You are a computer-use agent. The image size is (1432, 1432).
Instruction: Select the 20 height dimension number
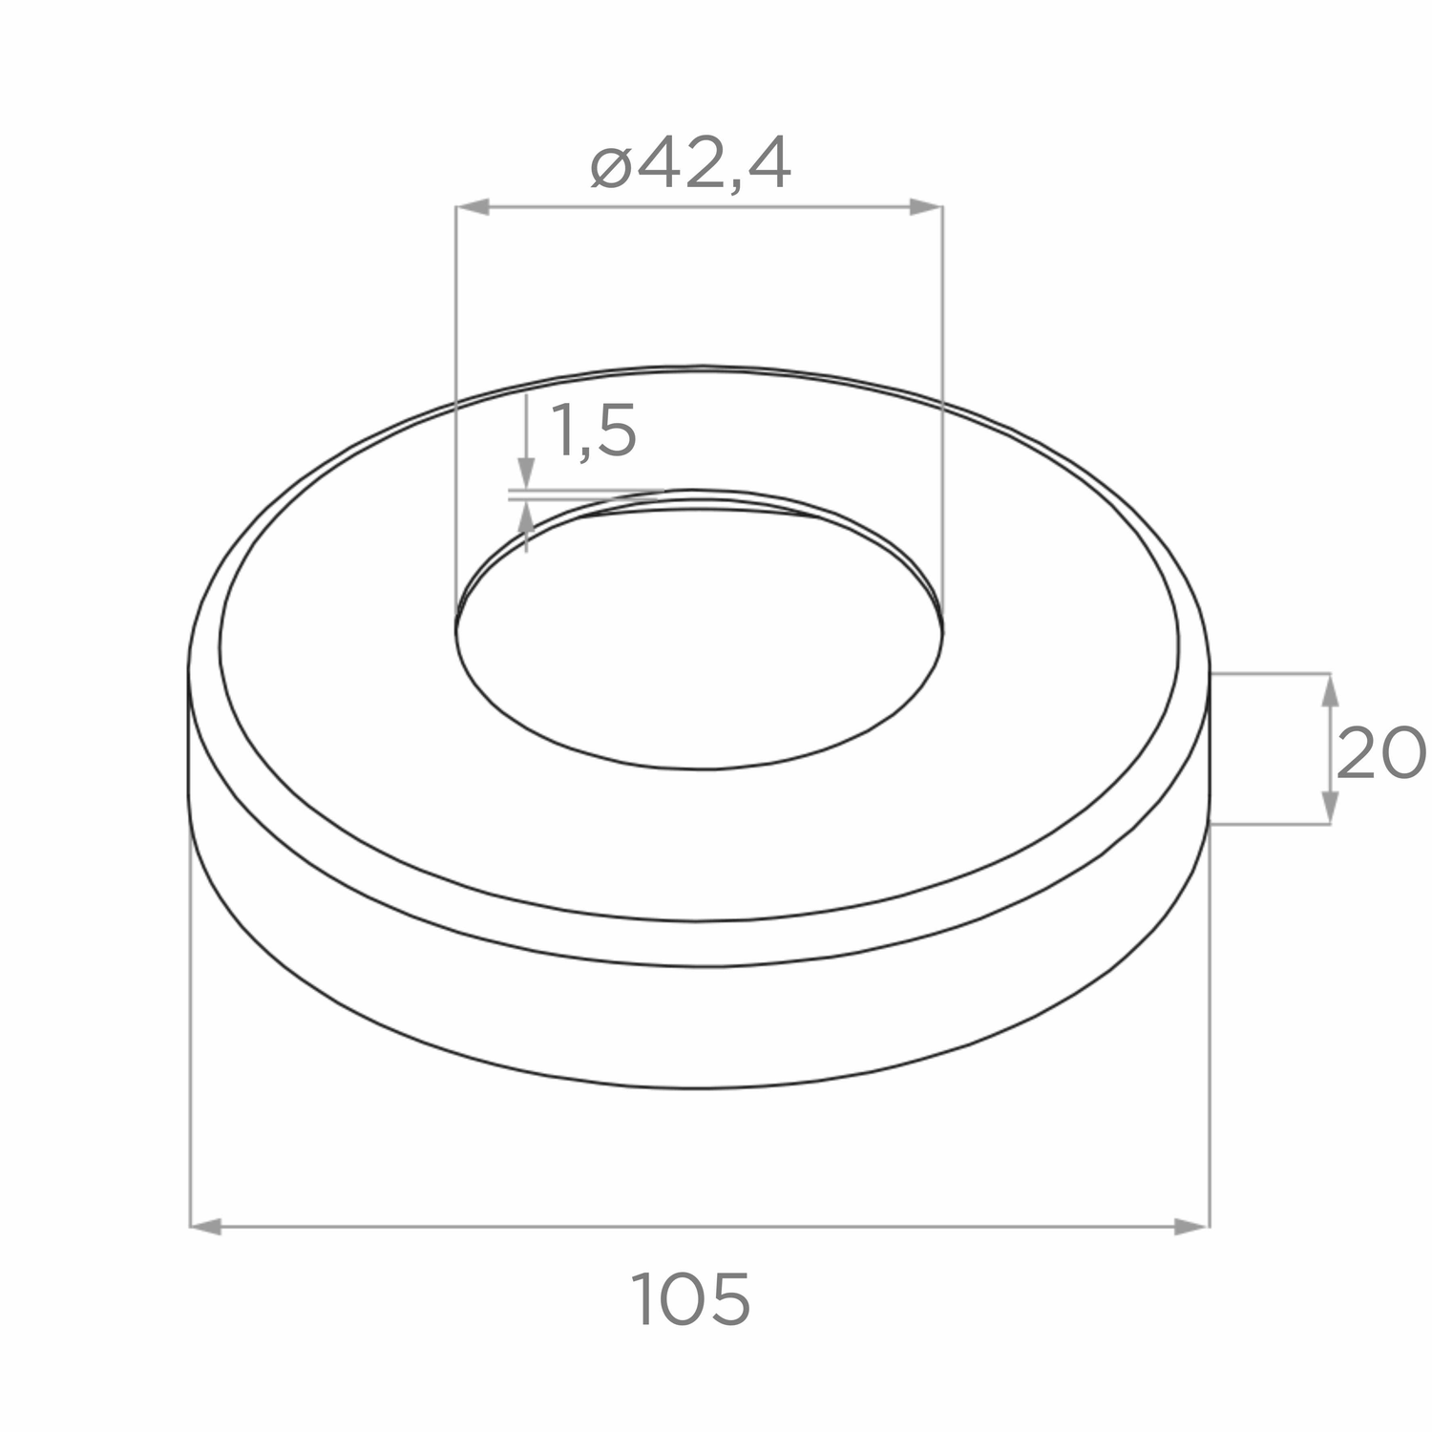click(x=1380, y=753)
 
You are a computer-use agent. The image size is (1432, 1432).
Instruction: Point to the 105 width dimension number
click(x=691, y=1298)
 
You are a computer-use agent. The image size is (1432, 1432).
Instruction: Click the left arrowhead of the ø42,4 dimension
click(x=473, y=207)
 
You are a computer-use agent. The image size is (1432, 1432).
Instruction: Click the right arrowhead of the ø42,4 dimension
click(x=926, y=207)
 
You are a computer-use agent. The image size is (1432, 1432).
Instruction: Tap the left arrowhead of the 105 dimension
click(x=206, y=1227)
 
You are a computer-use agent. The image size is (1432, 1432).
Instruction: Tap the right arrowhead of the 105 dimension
click(x=1192, y=1227)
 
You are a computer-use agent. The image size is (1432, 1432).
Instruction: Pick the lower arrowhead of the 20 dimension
click(x=1328, y=808)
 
